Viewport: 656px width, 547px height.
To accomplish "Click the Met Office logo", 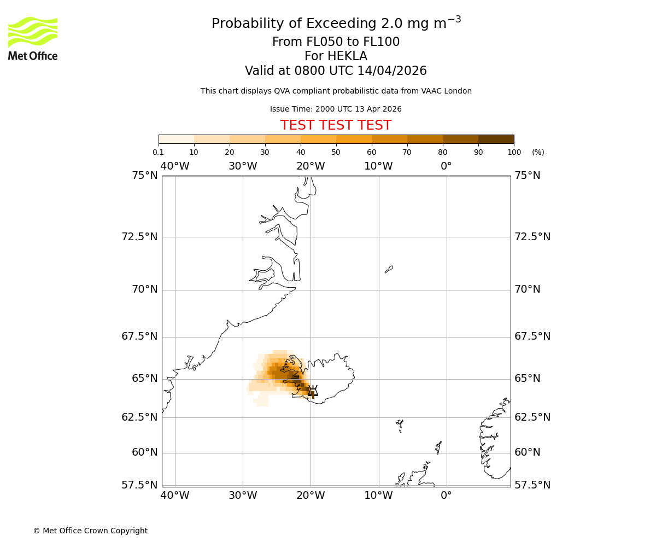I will (x=33, y=38).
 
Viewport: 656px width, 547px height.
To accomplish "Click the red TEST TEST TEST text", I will (x=336, y=126).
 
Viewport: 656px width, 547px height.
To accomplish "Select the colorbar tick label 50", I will (x=336, y=152).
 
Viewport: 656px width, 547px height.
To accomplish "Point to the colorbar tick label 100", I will (x=514, y=152).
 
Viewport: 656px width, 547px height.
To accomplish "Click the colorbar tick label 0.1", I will (x=158, y=152).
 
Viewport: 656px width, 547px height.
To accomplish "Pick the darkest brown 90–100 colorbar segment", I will (x=496, y=139).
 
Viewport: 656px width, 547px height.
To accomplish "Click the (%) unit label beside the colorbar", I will (x=538, y=152).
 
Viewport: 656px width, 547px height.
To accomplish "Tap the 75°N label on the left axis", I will (x=145, y=176).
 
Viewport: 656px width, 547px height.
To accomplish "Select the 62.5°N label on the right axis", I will (x=532, y=417).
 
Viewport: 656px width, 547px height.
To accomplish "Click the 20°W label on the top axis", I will (x=311, y=166).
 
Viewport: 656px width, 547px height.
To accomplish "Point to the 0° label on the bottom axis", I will (x=446, y=496).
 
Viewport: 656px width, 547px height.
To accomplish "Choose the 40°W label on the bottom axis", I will (x=175, y=496).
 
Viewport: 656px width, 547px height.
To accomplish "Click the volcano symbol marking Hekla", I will (x=313, y=391).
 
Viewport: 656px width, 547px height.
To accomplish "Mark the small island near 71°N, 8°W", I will (x=389, y=269).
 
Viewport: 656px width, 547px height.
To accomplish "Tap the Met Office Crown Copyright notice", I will (x=90, y=531).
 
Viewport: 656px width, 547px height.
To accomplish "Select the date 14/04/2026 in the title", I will (x=392, y=71).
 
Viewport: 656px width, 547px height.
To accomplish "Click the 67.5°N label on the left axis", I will (x=139, y=336).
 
